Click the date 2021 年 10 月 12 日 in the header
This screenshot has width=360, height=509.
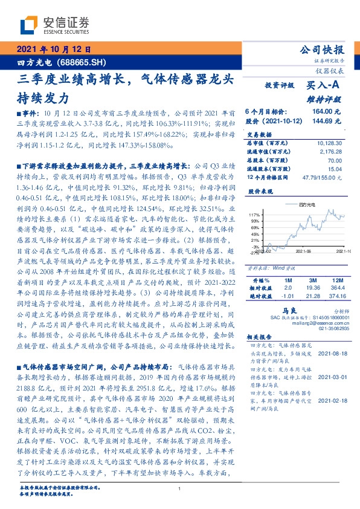pyautogui.click(x=53, y=50)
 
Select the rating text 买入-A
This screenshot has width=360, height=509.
pyautogui.click(x=326, y=86)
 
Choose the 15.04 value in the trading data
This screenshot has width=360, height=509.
pyautogui.click(x=334, y=170)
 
